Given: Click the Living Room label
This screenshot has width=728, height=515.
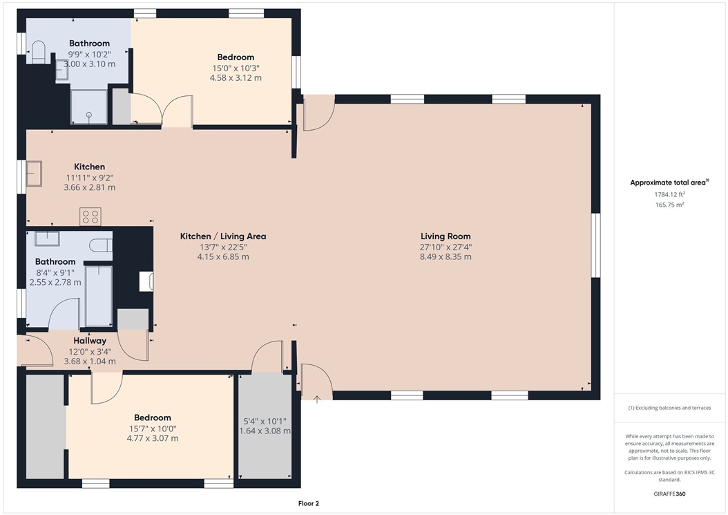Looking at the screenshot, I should click(445, 236).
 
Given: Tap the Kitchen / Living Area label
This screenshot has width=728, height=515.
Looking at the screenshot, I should click(223, 236).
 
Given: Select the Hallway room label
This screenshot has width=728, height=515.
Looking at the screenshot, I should click(90, 341).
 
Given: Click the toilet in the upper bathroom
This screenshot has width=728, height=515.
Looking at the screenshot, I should click(38, 52).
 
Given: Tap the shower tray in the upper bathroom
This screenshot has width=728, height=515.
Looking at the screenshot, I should click(89, 108).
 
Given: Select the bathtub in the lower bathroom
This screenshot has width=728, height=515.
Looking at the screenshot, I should click(98, 294).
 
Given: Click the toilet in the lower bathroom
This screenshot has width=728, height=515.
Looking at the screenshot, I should click(102, 244).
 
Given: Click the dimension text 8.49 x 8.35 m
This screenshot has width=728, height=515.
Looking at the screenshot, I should click(445, 256).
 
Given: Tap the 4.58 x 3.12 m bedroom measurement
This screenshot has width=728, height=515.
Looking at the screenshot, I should click(236, 78).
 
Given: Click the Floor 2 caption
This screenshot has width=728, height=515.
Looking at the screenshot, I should click(308, 504).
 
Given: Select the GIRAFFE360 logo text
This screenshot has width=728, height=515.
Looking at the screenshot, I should click(669, 494).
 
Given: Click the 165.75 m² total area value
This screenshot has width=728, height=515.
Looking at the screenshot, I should click(669, 205).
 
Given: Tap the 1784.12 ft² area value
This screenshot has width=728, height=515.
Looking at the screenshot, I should click(669, 195).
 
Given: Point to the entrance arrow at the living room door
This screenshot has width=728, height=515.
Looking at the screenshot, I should click(317, 398).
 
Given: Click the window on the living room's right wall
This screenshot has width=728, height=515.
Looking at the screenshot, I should click(596, 245).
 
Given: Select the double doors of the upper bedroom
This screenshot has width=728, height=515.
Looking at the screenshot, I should click(161, 111).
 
